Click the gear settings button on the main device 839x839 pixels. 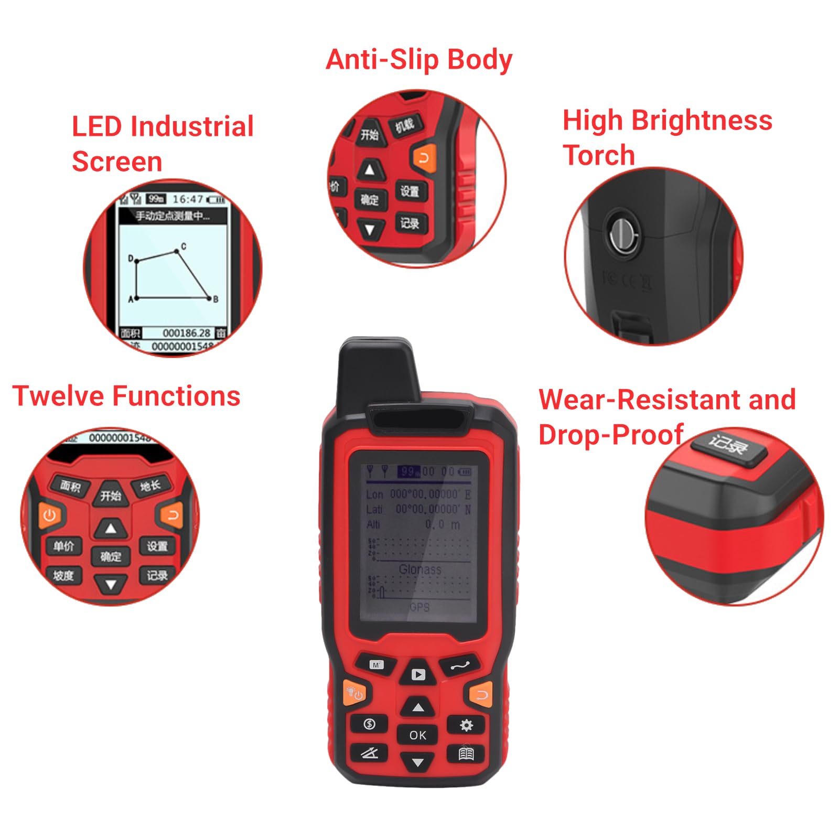coord(466,725)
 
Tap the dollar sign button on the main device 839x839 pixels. coord(369,724)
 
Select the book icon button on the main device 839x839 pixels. coord(466,754)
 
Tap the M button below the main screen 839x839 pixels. coord(376,665)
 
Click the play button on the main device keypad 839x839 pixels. coord(418,674)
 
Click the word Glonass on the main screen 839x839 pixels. coord(420,569)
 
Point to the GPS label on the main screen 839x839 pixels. coord(419,607)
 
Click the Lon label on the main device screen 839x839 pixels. coord(374,494)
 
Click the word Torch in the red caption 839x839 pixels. coord(598,155)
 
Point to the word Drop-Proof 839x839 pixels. coord(610,435)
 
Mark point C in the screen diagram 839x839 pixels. coord(177,252)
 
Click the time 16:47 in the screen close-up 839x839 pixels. coord(188,199)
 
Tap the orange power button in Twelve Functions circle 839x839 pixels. coord(50,515)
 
